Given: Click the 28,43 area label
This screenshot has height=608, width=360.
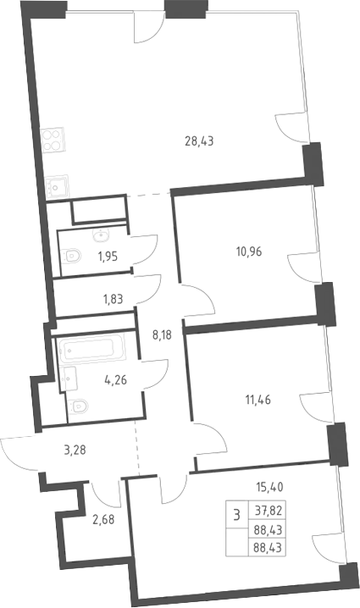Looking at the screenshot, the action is point(199,141).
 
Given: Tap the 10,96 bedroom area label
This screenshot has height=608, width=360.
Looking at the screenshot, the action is point(249,251).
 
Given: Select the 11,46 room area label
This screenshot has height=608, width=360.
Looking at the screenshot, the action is point(258,399).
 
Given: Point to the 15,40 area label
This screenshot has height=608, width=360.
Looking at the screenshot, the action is point(269,486).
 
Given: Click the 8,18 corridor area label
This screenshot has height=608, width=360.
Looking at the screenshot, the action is point(162,334).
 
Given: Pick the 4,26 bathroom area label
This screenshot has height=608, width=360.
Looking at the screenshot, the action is point(115,380).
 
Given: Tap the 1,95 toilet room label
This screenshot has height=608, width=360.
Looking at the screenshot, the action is point(108,257).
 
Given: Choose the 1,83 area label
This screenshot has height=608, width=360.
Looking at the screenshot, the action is point(113,299).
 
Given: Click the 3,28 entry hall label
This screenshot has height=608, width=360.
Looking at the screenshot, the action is point(75,450).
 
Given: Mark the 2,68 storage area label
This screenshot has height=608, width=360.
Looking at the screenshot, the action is point(103,519).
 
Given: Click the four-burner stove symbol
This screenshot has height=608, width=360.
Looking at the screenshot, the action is point(53,140).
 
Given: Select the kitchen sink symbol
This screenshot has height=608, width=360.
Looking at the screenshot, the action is point(56,187).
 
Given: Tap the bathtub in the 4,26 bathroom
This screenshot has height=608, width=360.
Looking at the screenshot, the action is point(91,349).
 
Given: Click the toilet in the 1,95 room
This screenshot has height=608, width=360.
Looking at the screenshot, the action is point(71,256).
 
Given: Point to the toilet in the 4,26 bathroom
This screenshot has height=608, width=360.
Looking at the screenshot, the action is point(78,406).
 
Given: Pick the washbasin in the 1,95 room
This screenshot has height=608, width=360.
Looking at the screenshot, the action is point(102,235).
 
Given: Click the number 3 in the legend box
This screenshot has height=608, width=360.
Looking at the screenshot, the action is point(236,515).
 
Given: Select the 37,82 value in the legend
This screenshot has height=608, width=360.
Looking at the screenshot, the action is point(268,511).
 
